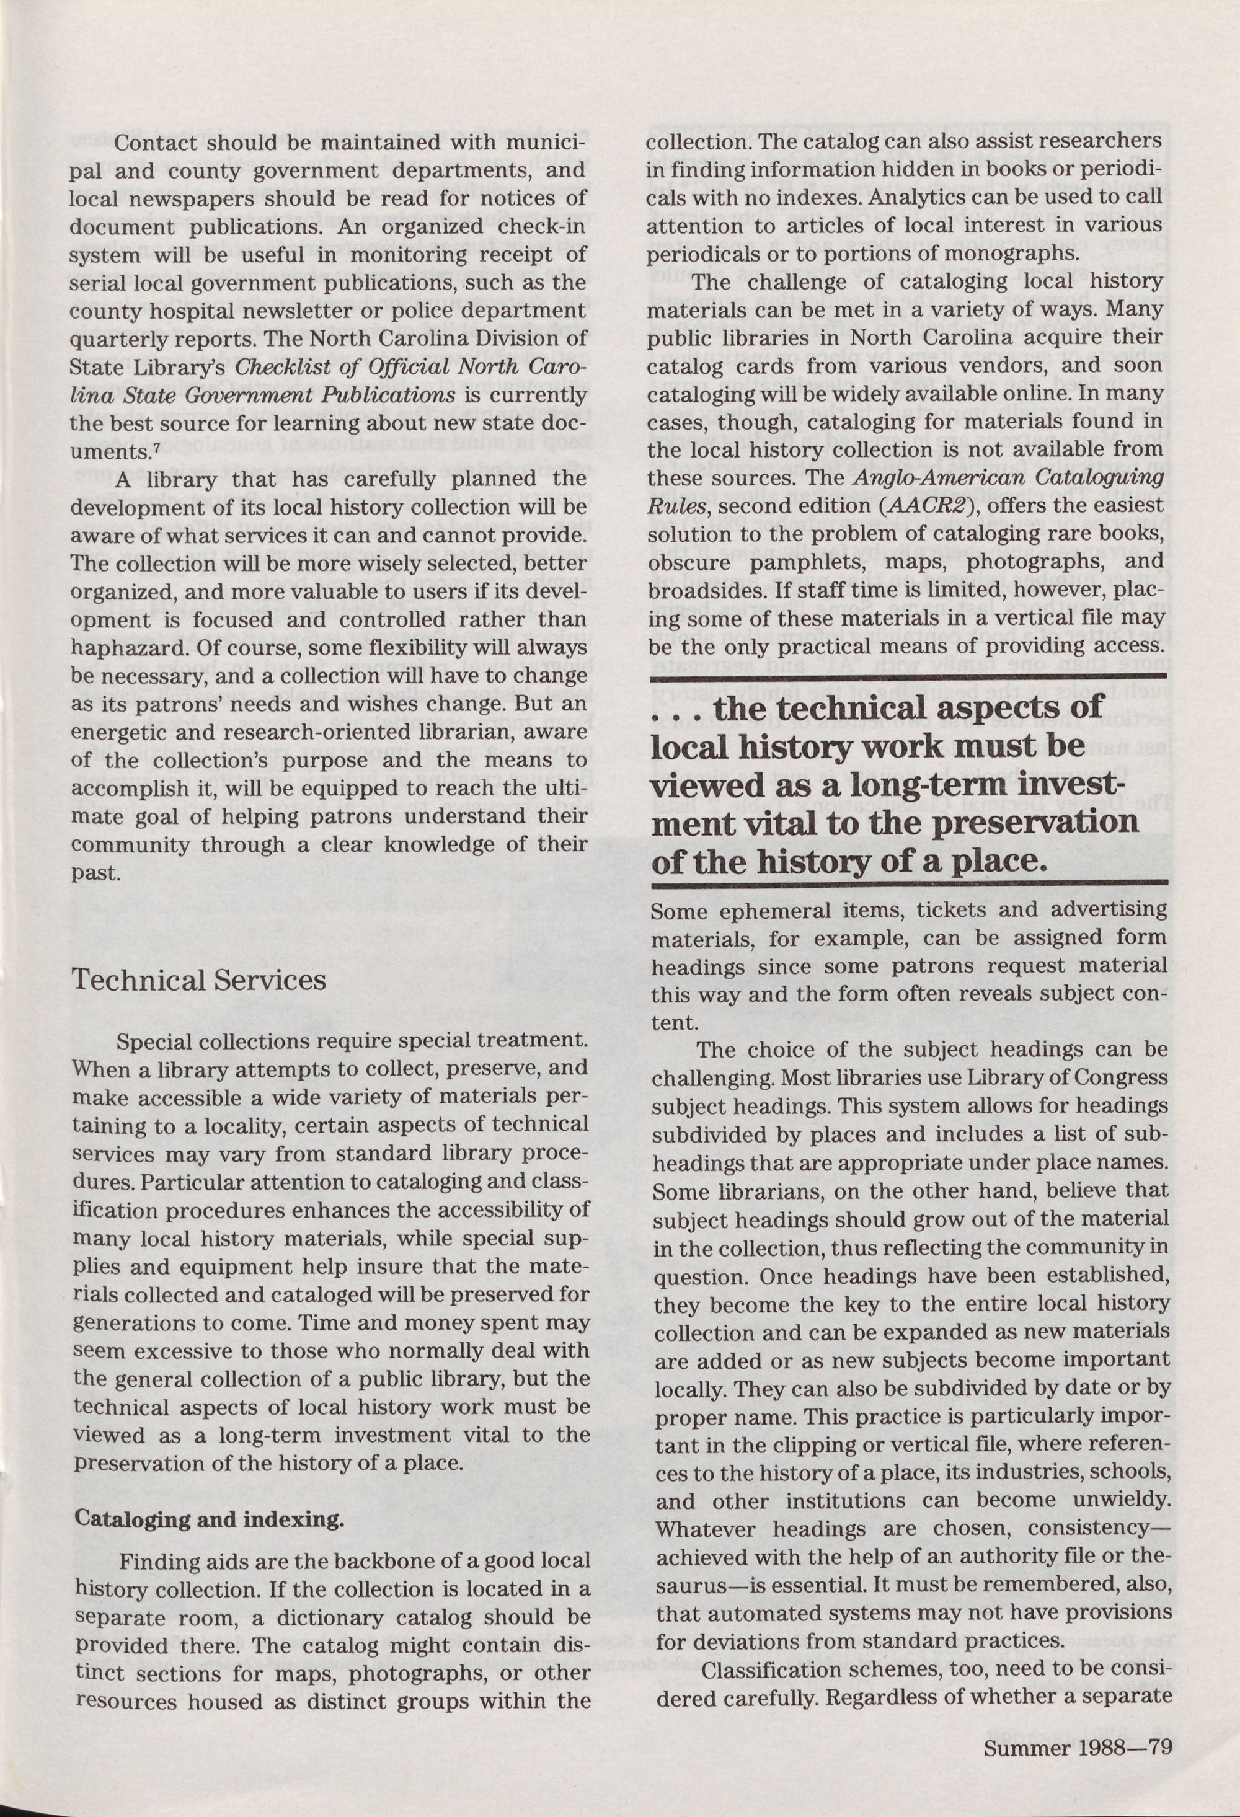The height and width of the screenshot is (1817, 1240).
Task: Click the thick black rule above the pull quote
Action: coord(908,676)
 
